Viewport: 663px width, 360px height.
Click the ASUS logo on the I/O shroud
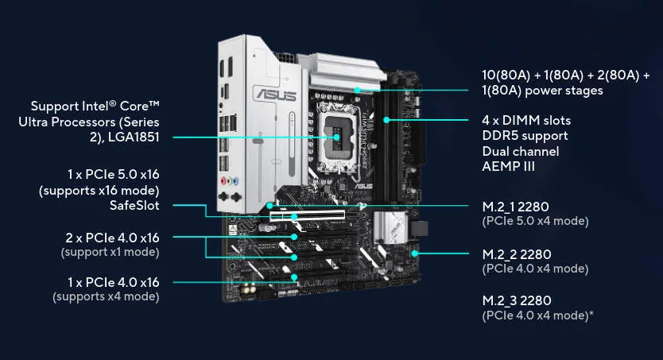tap(275, 94)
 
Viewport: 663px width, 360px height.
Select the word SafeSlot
tap(134, 206)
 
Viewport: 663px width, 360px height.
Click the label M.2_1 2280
tap(515, 207)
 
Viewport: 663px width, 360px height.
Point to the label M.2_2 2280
tap(517, 254)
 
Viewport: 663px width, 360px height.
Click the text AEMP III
tap(508, 166)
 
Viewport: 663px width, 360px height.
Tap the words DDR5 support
tap(525, 136)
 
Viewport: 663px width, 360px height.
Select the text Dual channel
tap(521, 151)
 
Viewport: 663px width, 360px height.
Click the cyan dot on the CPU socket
tap(336, 137)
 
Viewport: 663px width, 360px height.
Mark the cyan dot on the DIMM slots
tap(386, 120)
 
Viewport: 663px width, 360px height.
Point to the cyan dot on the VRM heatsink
tap(357, 90)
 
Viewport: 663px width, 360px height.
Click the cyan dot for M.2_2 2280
tap(415, 254)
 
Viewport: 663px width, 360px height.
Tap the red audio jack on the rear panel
tap(223, 181)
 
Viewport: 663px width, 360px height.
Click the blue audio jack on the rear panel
tap(235, 181)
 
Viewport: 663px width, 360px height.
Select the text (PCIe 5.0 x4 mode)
tap(535, 221)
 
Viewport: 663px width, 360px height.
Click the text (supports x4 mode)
tap(106, 296)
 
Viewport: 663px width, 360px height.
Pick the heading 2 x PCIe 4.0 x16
tap(112, 238)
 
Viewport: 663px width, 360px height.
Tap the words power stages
tap(564, 91)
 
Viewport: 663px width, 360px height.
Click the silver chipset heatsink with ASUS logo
tap(390, 228)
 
